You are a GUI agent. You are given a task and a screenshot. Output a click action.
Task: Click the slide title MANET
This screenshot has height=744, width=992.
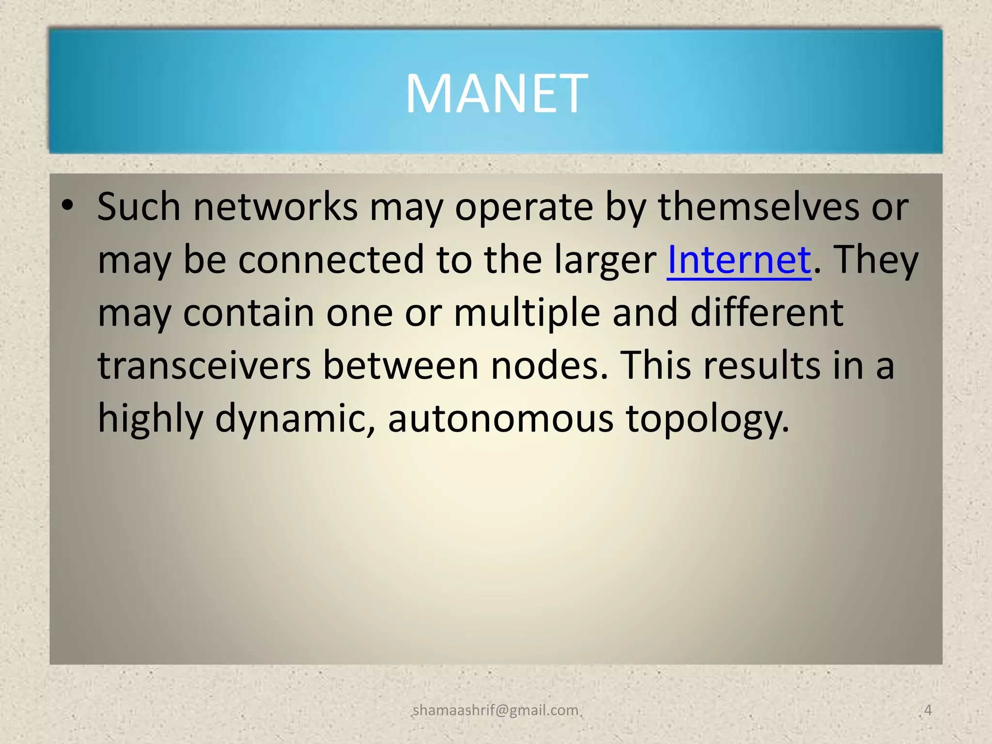click(x=496, y=93)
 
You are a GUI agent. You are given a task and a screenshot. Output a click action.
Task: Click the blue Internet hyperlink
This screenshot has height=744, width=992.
click(x=739, y=260)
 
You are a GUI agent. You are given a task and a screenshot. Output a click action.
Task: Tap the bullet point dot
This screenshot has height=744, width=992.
click(x=67, y=205)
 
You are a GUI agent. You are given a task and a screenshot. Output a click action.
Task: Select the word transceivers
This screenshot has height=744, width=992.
click(x=204, y=365)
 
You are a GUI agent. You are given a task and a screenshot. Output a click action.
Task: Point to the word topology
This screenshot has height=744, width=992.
click(x=707, y=418)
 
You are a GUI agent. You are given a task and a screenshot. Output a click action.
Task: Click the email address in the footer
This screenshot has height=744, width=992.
click(x=496, y=710)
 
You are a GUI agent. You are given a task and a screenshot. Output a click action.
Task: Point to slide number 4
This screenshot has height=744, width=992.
click(x=928, y=710)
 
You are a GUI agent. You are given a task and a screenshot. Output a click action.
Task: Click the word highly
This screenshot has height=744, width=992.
click(x=151, y=418)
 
